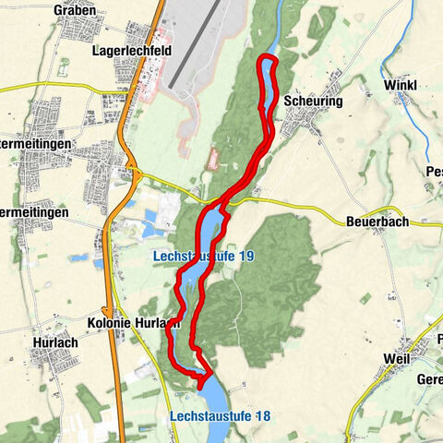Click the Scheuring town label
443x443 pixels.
313,101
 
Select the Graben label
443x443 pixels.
75,9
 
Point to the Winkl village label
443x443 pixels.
400,85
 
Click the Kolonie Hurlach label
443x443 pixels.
131,323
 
